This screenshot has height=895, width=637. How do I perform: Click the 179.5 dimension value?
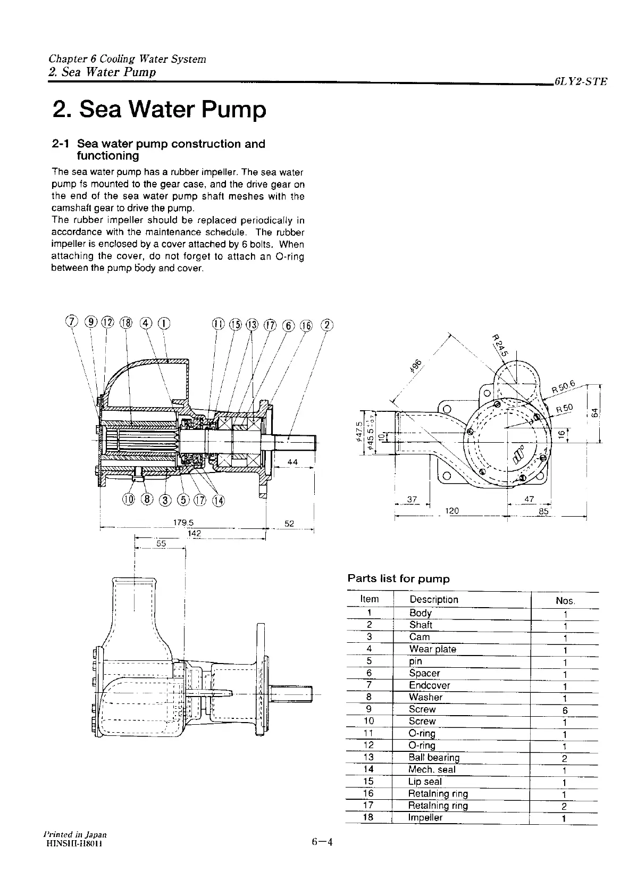pos(183,523)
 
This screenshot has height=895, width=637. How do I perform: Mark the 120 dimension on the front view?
pos(451,511)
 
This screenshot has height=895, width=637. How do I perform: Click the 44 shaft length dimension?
pos(292,462)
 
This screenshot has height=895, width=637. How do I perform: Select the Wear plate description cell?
pos(432,649)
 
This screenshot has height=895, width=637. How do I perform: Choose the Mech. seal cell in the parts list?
pos(432,769)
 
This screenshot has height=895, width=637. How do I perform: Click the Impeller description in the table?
pos(425,818)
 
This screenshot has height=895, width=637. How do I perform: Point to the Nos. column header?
pos(565,601)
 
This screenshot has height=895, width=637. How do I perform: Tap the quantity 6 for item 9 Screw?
pos(565,710)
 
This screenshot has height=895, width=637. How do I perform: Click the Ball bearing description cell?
pos(433,757)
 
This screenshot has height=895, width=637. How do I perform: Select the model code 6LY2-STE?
pos(580,82)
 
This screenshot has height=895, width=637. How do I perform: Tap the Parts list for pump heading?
pos(398,578)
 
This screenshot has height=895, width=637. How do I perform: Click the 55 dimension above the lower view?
pos(161,543)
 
